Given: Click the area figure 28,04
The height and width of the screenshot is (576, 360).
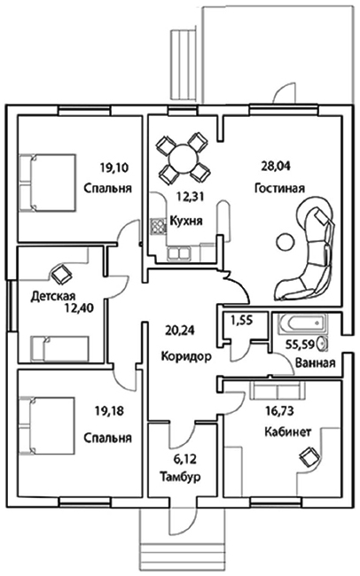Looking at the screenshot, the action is [x=276, y=167].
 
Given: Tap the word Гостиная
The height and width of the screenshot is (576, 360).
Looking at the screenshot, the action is [x=280, y=189].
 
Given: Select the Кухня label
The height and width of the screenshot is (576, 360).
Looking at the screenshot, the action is [x=186, y=221].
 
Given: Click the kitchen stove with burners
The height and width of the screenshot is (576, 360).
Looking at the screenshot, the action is [x=158, y=226].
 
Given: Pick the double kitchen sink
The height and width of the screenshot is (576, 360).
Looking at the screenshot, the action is [x=178, y=253].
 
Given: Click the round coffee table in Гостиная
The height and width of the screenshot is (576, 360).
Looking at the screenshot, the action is [x=285, y=242].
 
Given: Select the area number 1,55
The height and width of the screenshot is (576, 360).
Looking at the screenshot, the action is [x=241, y=321].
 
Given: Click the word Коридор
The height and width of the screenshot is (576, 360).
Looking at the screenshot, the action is [x=186, y=356].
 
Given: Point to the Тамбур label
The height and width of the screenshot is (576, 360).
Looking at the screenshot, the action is [x=180, y=477].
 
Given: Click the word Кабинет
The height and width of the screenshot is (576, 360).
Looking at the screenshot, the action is [x=288, y=432].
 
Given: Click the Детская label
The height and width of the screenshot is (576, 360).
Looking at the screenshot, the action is [x=53, y=296].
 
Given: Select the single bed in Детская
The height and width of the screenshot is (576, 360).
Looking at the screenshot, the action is [x=60, y=348].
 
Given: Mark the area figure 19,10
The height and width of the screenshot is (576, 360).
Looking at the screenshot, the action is [x=114, y=168].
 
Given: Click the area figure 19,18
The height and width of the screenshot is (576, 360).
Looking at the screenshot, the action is [x=110, y=411].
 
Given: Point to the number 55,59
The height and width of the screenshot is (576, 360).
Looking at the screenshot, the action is [x=301, y=345].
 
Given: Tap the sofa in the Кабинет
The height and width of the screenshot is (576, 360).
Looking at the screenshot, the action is [x=277, y=391].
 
